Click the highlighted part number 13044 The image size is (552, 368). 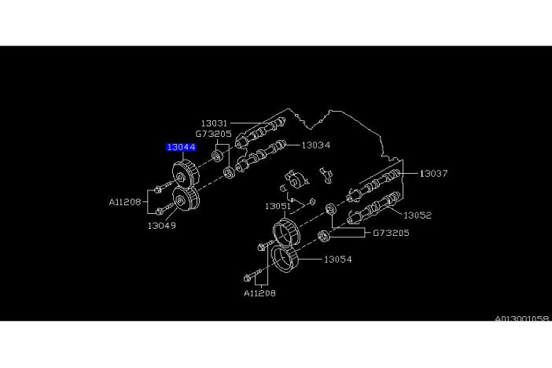(x=181, y=147)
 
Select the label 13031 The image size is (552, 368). (x=213, y=123)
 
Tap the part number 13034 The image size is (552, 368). (x=315, y=145)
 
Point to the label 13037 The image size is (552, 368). (x=433, y=174)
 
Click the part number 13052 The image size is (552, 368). (x=418, y=215)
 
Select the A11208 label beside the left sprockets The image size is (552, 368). (x=125, y=201)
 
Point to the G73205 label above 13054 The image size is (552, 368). (x=390, y=234)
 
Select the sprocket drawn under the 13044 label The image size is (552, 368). (x=183, y=174)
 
